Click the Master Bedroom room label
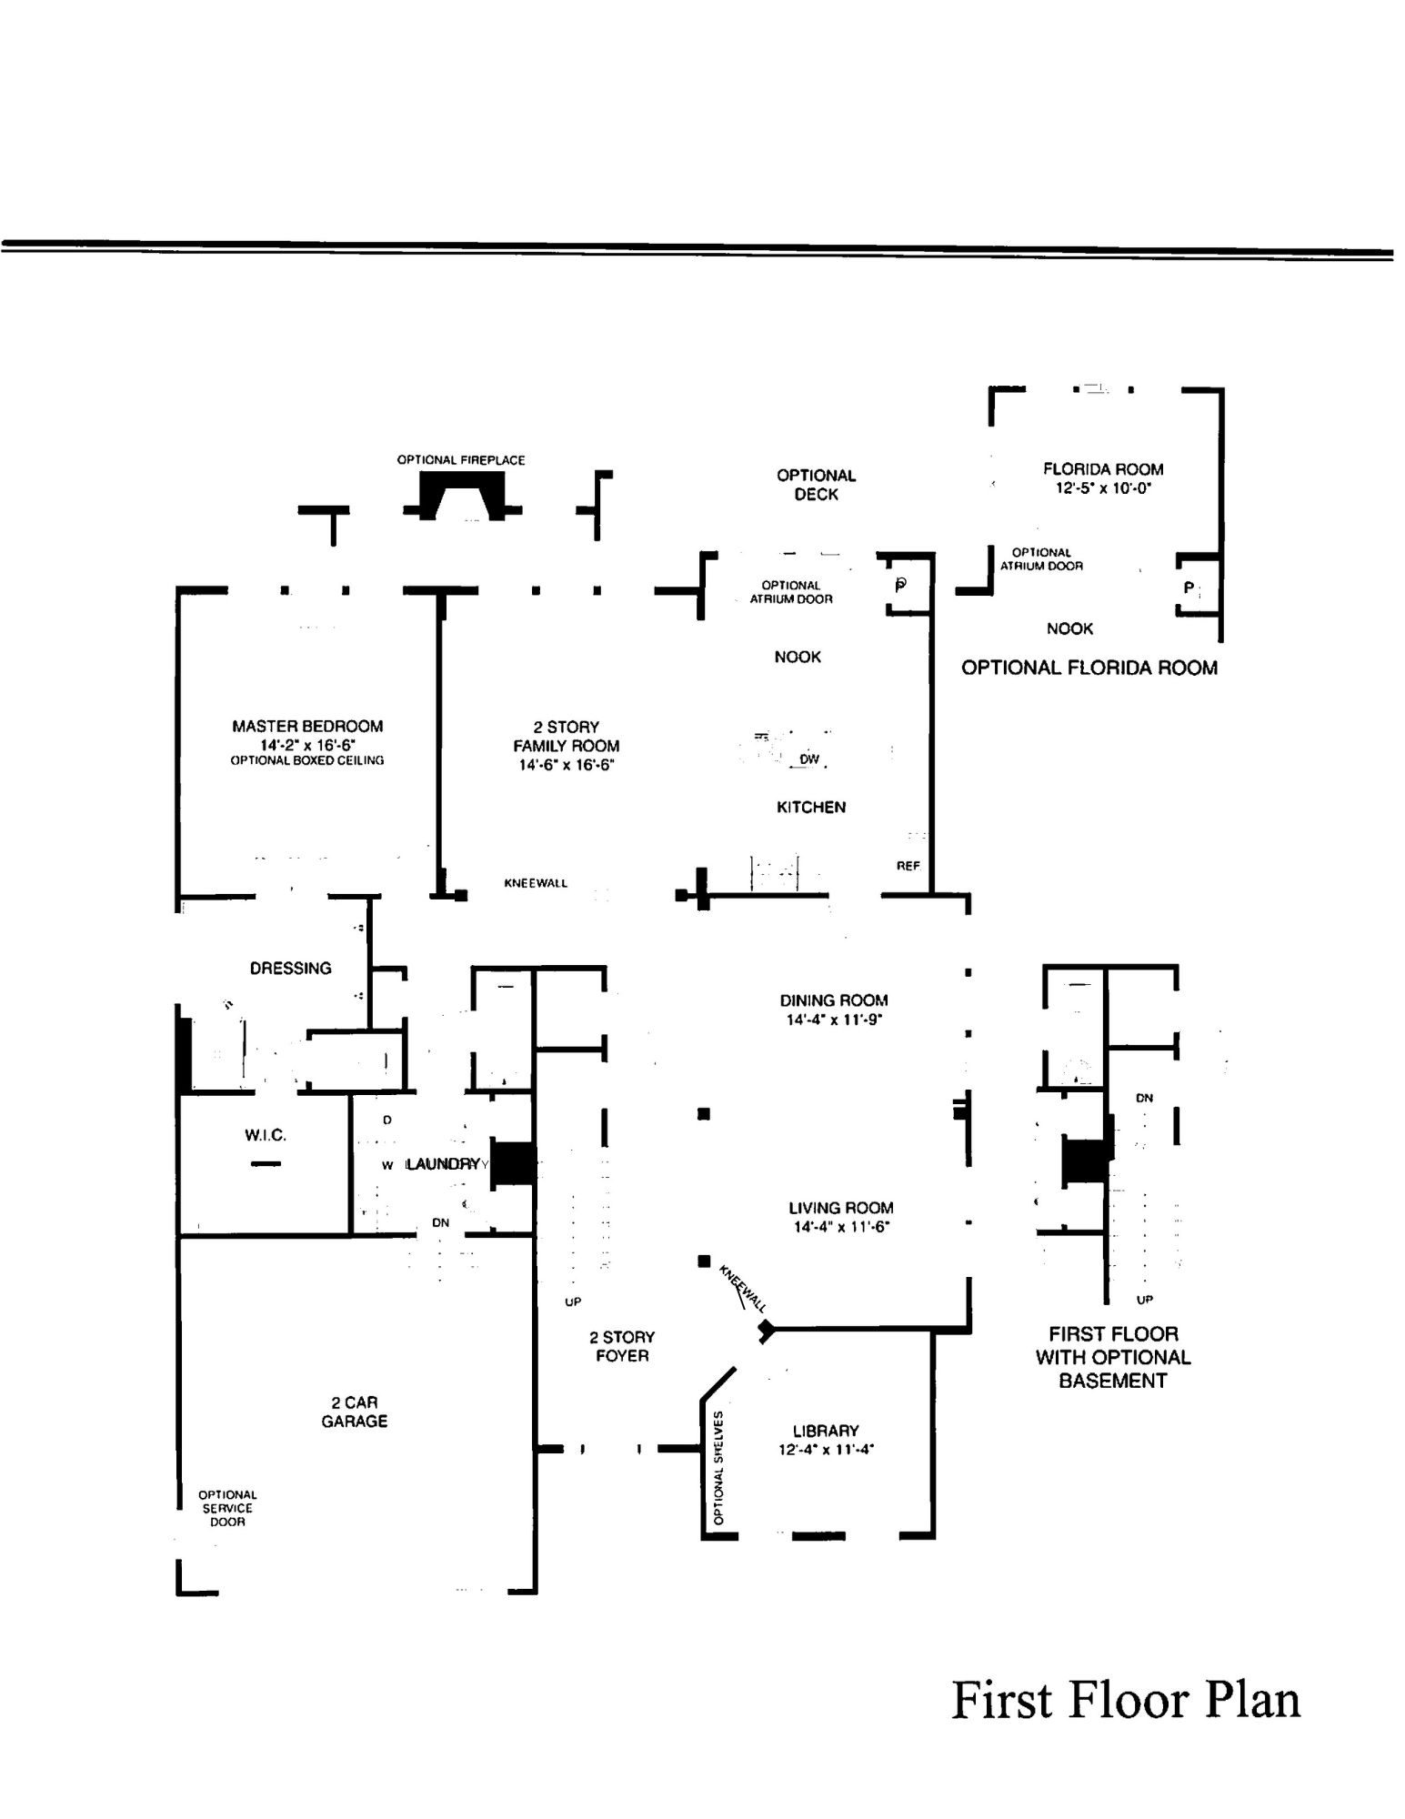307,726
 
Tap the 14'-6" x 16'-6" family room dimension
566,765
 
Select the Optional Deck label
816,485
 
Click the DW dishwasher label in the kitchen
808,759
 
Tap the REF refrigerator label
908,866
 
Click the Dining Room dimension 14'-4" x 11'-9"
834,1020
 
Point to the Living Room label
840,1208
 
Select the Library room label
825,1431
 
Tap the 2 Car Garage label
354,1412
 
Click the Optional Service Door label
227,1508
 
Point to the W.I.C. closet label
265,1135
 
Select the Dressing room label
290,968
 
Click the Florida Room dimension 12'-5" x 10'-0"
1102,488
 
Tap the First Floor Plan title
1125,1700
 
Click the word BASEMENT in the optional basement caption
1112,1381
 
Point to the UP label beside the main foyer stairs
573,1301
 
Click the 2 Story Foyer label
622,1346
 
